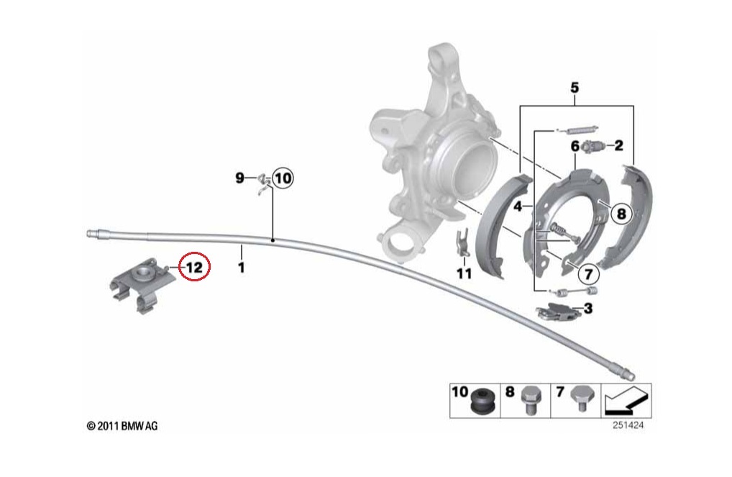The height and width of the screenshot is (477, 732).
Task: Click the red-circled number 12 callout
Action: [195, 267]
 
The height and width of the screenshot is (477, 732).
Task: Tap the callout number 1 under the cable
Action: [242, 267]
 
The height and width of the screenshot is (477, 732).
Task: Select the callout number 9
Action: [241, 178]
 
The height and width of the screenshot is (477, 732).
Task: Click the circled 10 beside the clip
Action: [282, 178]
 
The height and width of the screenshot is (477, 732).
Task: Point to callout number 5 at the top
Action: [575, 88]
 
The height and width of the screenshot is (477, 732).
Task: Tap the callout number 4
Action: [518, 207]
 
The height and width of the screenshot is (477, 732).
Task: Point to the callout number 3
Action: [587, 309]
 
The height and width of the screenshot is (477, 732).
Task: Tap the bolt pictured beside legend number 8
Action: [531, 399]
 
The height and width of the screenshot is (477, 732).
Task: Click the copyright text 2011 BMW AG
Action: [122, 427]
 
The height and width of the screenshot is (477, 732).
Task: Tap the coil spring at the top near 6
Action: [578, 130]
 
